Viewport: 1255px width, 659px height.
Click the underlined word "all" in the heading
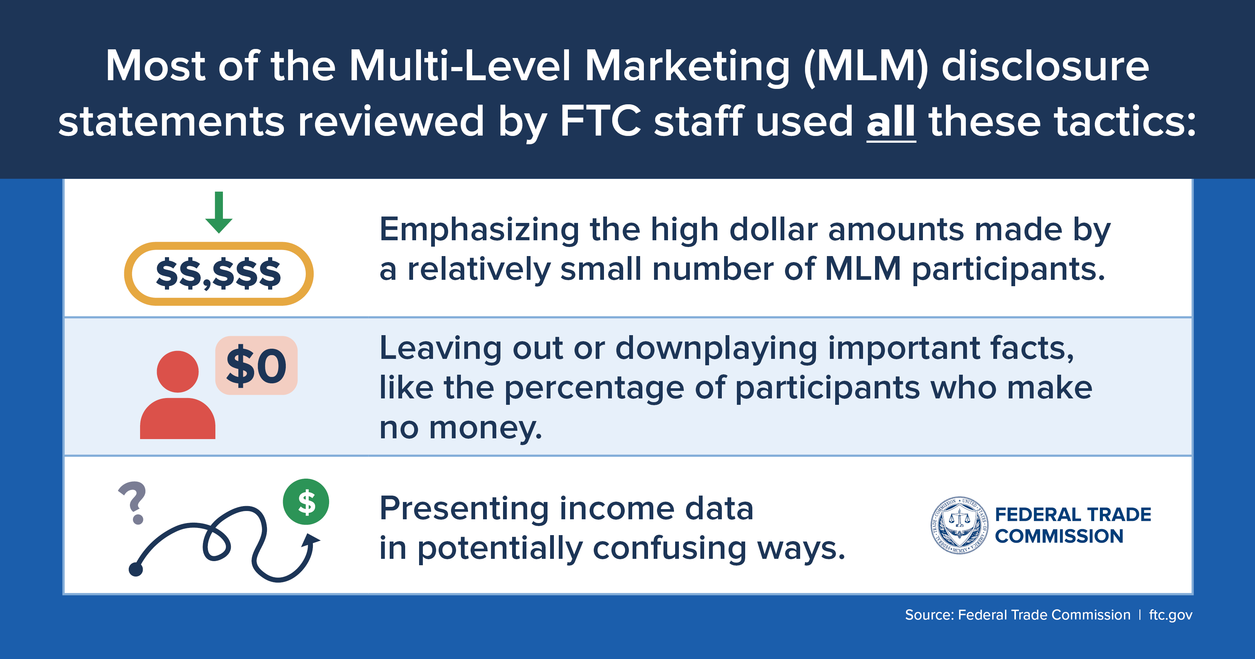point(891,121)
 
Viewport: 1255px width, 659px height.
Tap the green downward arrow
point(219,212)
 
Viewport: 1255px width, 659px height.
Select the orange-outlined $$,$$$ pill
point(219,274)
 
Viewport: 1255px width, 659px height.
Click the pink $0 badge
point(256,365)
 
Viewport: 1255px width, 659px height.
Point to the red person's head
point(177,372)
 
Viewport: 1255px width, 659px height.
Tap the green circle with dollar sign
point(306,502)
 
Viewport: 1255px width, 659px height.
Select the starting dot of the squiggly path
point(136,569)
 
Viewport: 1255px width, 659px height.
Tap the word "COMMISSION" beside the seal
point(1059,536)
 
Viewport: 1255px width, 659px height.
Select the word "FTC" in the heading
point(601,121)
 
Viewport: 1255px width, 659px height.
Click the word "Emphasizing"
point(479,230)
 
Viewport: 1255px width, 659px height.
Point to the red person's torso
point(177,418)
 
